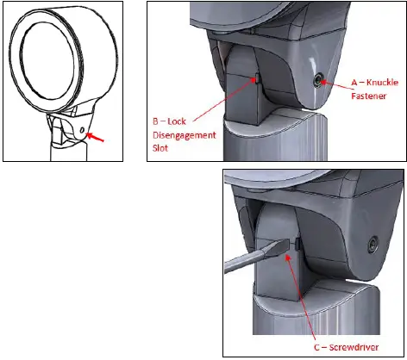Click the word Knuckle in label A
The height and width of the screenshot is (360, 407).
[x=383, y=83]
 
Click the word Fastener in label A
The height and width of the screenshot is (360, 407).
[x=368, y=96]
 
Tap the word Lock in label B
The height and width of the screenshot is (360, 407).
[x=177, y=121]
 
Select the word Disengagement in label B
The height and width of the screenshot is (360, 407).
[x=185, y=135]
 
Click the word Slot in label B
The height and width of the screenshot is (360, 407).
[x=160, y=148]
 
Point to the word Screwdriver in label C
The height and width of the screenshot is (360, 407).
[x=354, y=347]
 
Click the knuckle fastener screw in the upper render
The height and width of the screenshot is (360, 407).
[x=318, y=80]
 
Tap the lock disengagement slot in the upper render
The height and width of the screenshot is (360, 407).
[x=258, y=78]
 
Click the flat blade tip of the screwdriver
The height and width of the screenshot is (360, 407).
[x=282, y=247]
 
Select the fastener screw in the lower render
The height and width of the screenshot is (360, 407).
[x=373, y=244]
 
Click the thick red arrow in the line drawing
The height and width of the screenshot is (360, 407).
[x=96, y=137]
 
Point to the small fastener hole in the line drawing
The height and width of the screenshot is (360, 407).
[x=83, y=131]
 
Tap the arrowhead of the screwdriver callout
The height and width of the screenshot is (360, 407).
[x=288, y=257]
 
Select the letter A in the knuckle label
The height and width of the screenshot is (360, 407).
[x=354, y=83]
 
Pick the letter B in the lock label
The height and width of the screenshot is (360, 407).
[x=155, y=121]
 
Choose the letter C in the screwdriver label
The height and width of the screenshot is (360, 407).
[x=317, y=348]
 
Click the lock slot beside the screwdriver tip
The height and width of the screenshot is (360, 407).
[x=297, y=244]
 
